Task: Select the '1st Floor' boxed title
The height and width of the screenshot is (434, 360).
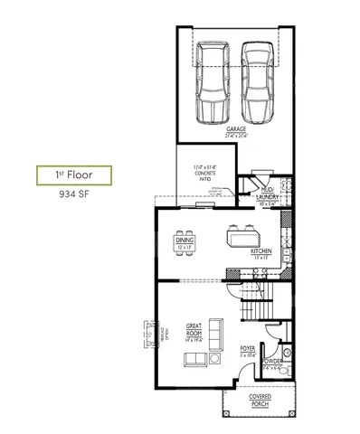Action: [74, 174]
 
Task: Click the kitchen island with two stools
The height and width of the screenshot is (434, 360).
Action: [242, 238]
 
